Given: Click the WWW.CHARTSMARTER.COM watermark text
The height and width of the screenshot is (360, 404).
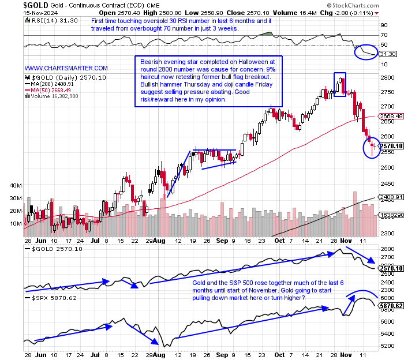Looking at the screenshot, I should (x=66, y=68).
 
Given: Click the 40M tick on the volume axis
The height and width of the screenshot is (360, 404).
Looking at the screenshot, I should (x=16, y=186).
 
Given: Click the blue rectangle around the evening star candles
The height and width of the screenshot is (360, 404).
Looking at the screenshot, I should (x=339, y=84).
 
